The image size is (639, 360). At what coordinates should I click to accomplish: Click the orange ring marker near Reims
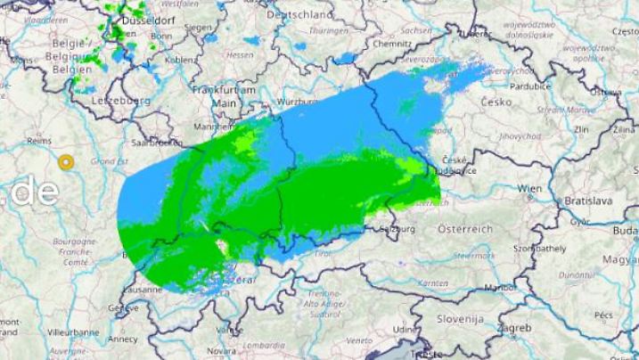pos(65,162)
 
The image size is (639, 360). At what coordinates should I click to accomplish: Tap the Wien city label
pos(530,189)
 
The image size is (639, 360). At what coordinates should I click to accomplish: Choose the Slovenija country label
pos(460,318)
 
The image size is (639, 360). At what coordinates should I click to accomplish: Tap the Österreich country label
pos(465,229)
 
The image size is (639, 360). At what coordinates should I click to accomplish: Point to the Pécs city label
pos(603,315)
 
